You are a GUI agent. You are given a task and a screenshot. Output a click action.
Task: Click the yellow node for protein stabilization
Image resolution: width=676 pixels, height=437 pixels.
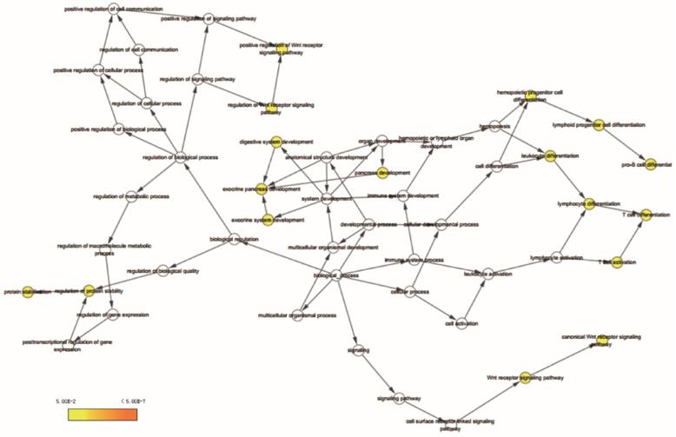click(x=27, y=290)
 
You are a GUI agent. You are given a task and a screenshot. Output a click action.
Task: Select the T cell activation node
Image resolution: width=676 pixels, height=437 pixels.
click(x=617, y=262)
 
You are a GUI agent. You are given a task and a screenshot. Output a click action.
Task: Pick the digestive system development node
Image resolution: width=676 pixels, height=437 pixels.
click(x=276, y=142)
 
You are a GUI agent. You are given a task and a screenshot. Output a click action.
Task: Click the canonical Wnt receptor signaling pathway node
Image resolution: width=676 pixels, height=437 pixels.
click(x=598, y=340)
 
